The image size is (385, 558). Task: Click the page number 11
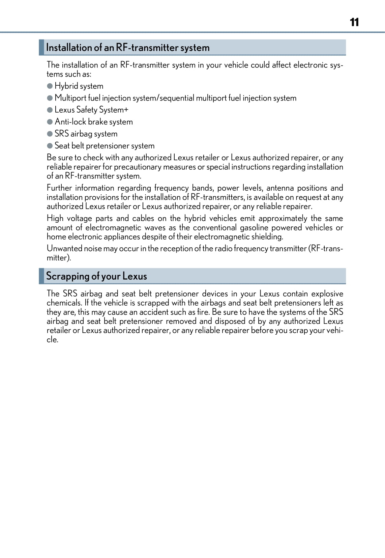tap(354, 22)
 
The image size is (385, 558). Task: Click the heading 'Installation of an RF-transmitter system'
tap(128, 48)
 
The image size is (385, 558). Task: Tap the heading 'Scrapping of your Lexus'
tap(96, 276)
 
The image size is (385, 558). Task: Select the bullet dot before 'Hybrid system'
tap(50, 86)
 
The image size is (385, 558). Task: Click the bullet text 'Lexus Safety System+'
tap(91, 110)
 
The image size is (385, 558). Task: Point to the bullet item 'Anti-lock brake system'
tap(94, 122)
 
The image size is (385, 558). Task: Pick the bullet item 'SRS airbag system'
tap(86, 134)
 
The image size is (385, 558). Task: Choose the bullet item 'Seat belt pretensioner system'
tap(105, 146)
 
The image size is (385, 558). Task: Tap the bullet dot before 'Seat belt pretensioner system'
tap(50, 146)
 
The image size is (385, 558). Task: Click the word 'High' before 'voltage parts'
tap(55, 219)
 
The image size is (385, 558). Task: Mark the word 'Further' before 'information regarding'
tap(59, 188)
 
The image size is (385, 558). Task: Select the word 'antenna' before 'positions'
tap(280, 188)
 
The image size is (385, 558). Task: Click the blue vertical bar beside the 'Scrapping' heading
tap(41, 276)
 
